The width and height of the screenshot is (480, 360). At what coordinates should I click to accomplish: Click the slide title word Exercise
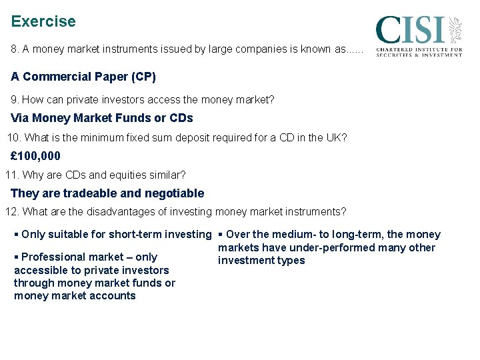[43, 21]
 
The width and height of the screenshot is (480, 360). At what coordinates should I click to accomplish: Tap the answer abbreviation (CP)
[144, 77]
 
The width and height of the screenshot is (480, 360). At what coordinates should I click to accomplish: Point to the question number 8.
[15, 50]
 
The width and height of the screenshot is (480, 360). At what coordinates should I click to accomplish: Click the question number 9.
[15, 100]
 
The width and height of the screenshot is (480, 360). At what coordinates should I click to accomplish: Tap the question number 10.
[13, 138]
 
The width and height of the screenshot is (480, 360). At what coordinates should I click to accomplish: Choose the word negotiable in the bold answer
[173, 193]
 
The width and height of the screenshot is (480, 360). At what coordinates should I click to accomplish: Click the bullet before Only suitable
[17, 235]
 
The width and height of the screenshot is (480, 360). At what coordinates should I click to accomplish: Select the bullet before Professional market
[17, 257]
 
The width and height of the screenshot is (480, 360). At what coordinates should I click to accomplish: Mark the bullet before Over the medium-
[221, 235]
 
